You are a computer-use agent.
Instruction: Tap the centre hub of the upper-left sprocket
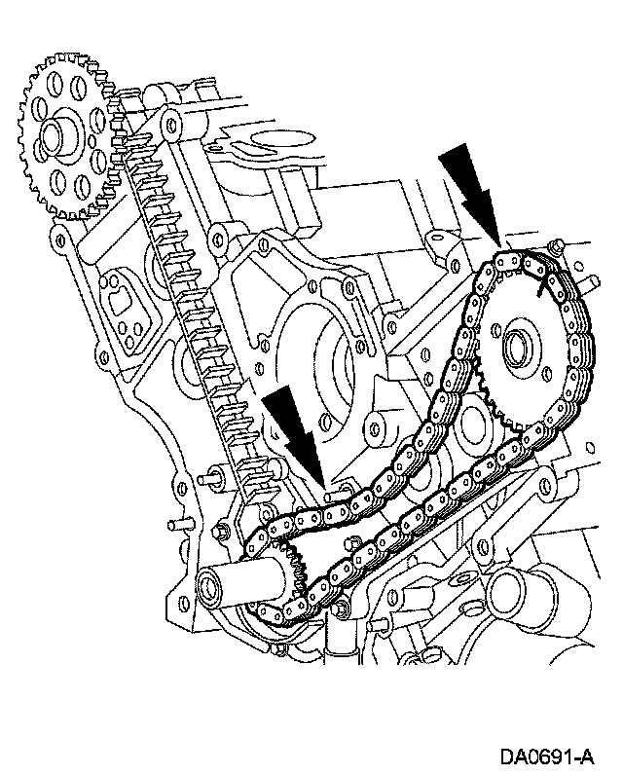(66, 136)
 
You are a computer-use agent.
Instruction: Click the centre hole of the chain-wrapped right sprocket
(515, 347)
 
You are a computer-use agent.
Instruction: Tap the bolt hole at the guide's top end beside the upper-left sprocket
(172, 125)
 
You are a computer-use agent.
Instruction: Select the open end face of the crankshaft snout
(209, 585)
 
